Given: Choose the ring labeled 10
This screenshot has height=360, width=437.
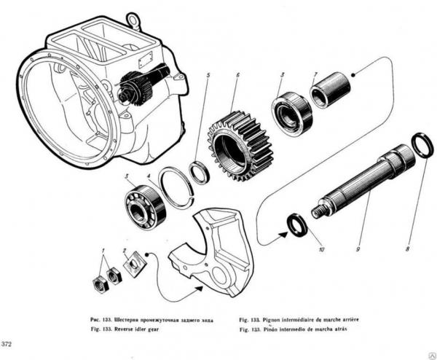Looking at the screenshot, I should (x=296, y=224).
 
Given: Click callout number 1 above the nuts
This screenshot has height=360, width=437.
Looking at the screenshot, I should (x=103, y=251).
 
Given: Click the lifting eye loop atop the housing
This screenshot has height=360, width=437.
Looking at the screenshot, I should (x=133, y=18).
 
